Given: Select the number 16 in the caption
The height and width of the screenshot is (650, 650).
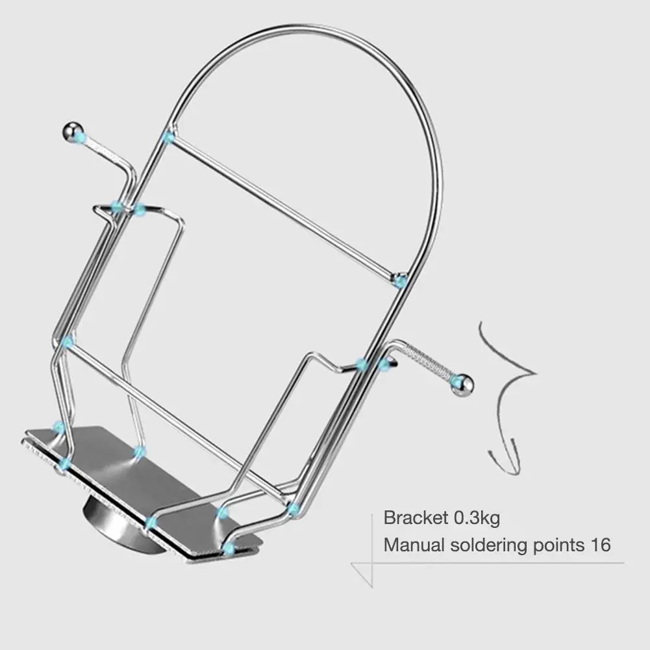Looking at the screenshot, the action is [600, 544].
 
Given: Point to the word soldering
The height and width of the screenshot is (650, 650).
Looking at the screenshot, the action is [482, 544].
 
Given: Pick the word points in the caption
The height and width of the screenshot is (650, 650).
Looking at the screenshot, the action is [555, 544].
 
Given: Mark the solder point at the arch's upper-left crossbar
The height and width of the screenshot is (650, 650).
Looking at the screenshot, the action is [169, 137].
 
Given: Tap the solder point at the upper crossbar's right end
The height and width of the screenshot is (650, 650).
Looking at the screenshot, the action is [401, 281].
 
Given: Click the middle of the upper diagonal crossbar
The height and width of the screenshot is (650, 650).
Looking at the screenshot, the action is [284, 208].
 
